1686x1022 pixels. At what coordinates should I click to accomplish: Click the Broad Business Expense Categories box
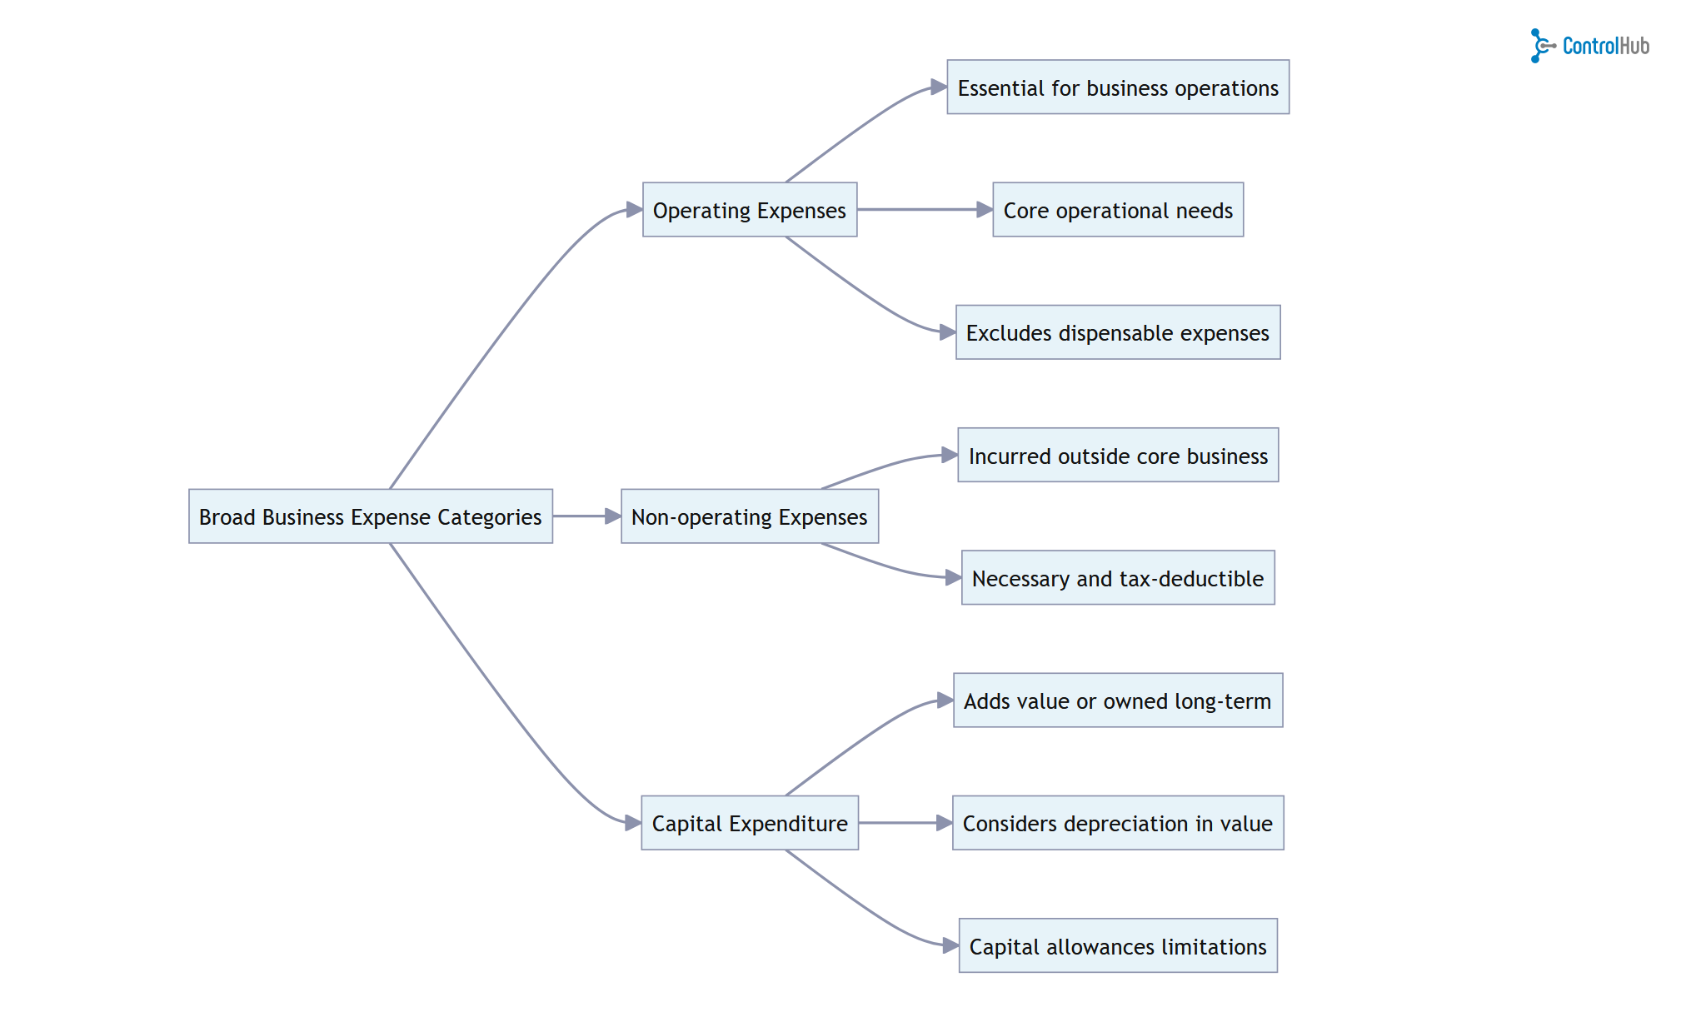[x=370, y=516]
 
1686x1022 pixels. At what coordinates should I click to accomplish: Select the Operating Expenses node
[x=749, y=210]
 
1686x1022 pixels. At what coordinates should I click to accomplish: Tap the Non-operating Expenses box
[x=749, y=516]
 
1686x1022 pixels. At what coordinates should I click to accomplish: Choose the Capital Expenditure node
[x=749, y=823]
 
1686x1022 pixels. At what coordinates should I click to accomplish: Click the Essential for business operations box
[x=1117, y=87]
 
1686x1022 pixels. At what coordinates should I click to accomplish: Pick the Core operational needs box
[x=1117, y=210]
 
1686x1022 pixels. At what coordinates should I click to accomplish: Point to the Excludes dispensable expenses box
[x=1117, y=332]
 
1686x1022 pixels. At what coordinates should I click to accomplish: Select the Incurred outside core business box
[x=1117, y=456]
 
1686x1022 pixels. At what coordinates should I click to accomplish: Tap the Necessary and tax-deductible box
[x=1117, y=578]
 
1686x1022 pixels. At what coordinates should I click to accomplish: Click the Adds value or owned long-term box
[x=1117, y=700]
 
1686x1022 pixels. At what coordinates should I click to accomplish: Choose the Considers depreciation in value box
[x=1117, y=823]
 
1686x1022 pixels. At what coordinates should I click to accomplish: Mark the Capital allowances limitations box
[x=1117, y=946]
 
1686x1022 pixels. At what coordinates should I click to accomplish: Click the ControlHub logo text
[x=1605, y=46]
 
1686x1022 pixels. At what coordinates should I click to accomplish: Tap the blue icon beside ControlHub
[x=1540, y=46]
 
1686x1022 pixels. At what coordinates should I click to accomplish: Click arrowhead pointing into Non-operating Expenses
[x=613, y=516]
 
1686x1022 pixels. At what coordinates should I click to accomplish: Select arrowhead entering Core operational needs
[x=985, y=210]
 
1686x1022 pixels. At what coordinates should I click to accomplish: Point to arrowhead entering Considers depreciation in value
[x=945, y=823]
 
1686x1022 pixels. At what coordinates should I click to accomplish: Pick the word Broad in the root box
[x=227, y=517]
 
